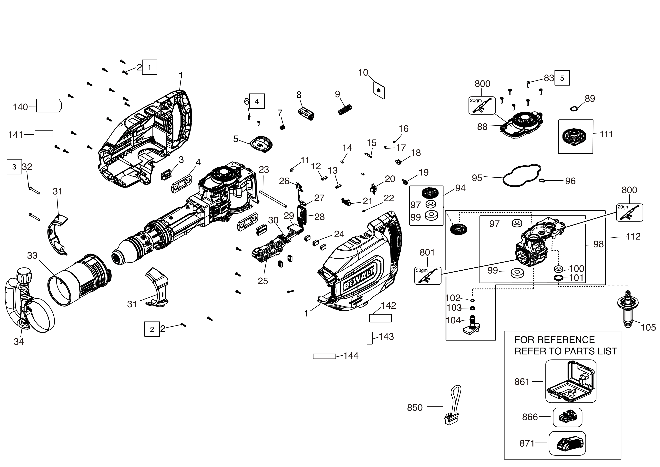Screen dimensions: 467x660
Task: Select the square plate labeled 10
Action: [x=379, y=90]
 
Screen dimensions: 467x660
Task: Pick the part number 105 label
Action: [x=648, y=327]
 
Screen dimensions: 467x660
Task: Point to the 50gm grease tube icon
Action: [x=428, y=275]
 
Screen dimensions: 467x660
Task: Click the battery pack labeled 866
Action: [x=567, y=417]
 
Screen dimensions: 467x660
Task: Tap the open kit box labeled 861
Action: [x=571, y=381]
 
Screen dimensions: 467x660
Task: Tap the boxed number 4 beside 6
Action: [x=257, y=101]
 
